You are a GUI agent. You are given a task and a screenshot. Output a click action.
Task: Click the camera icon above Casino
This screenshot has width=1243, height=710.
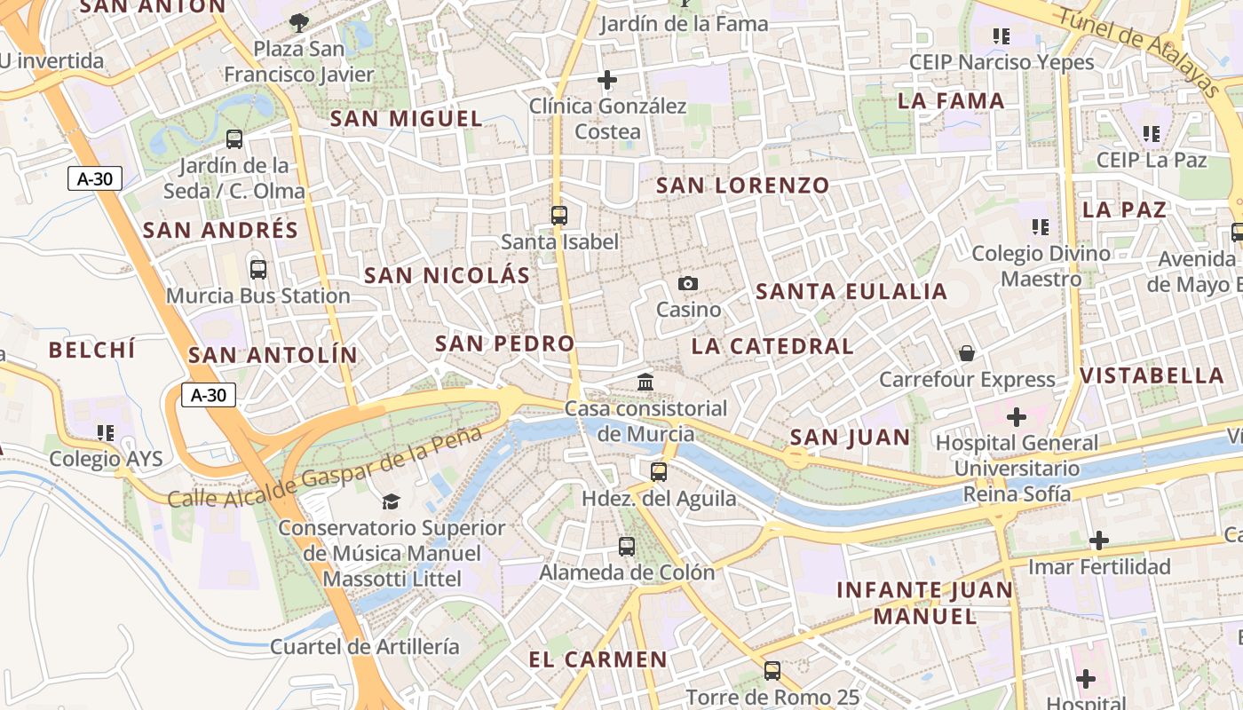[687, 284]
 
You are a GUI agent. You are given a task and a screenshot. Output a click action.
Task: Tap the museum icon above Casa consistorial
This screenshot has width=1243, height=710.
[646, 383]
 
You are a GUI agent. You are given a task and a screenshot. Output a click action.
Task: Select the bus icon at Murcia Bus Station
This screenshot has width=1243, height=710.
[258, 270]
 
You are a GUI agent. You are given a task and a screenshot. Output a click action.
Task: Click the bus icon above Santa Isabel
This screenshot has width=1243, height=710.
[558, 216]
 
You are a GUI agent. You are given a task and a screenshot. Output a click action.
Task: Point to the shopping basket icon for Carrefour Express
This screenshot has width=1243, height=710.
[967, 353]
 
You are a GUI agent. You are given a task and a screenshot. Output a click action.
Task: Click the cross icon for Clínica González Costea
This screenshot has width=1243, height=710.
[607, 81]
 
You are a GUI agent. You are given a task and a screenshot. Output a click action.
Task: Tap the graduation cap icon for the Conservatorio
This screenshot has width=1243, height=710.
[392, 502]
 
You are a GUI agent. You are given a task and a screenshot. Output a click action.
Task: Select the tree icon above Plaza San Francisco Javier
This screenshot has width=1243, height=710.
[299, 22]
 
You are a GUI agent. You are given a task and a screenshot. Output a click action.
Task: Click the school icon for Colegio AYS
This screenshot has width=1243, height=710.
[106, 433]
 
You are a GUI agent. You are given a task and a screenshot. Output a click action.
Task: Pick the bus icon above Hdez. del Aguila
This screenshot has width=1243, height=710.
[658, 472]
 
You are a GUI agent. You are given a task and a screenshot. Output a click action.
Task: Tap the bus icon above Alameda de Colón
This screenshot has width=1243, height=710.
[627, 547]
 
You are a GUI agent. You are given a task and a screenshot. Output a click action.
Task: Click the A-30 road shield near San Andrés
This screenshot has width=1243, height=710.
[95, 178]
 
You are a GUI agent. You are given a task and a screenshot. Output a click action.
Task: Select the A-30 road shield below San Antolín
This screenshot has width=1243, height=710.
[209, 395]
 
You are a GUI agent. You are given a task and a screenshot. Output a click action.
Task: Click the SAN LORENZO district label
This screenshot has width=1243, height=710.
[743, 185]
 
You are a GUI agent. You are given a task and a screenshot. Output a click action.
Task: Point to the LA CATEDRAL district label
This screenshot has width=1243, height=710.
[772, 346]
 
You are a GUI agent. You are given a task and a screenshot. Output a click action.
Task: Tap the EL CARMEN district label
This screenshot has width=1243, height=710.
[598, 659]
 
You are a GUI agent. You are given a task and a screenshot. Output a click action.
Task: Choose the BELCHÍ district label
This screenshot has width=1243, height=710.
[92, 350]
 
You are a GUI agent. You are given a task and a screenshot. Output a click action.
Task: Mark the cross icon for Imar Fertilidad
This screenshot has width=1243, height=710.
[1099, 540]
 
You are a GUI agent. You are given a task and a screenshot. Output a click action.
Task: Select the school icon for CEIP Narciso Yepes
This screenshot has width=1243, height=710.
[1002, 36]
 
